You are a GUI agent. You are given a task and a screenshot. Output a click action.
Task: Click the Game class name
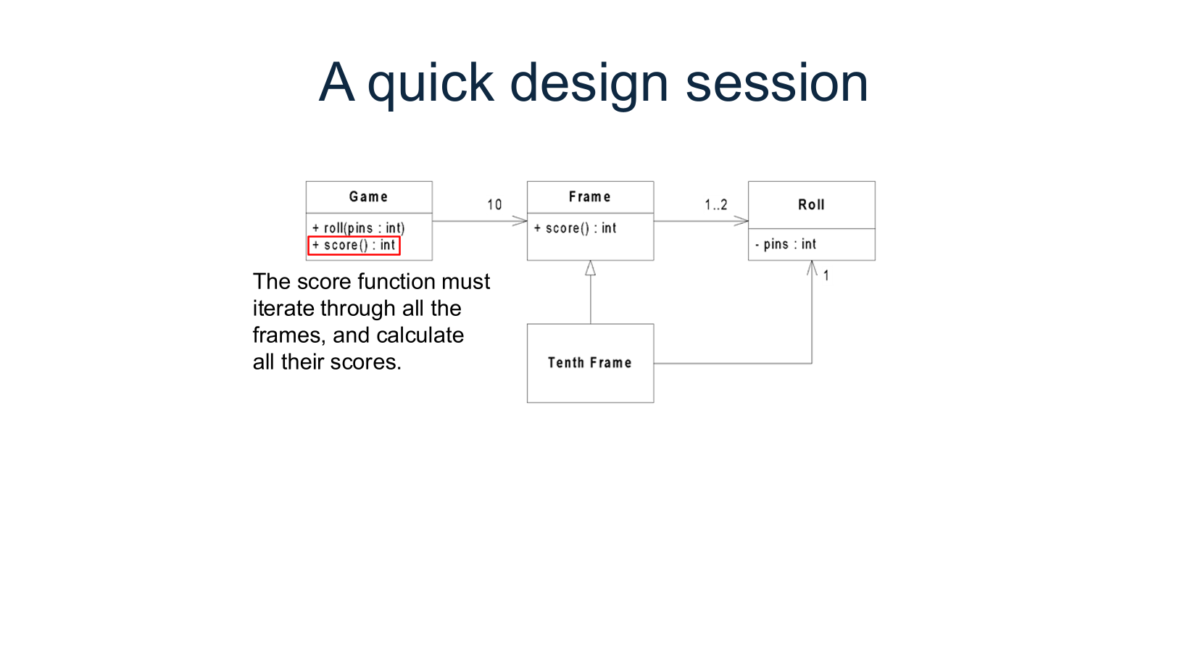(x=368, y=196)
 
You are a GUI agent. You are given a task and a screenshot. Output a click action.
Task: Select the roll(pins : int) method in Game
(x=359, y=227)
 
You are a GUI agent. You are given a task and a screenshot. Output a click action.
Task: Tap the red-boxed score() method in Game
(x=354, y=246)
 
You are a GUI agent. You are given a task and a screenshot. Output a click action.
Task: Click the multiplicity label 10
(x=494, y=205)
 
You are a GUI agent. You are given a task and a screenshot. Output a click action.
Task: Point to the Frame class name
(x=589, y=196)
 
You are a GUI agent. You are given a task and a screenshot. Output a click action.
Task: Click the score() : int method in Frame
(x=576, y=228)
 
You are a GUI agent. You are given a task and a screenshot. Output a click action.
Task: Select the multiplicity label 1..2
(x=715, y=205)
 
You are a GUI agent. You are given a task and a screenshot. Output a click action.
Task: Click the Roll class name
(x=811, y=205)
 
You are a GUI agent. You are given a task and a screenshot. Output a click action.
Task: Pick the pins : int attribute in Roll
(x=786, y=244)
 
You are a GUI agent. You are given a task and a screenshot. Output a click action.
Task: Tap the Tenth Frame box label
(x=589, y=362)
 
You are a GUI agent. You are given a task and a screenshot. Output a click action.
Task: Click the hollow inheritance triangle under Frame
(x=590, y=269)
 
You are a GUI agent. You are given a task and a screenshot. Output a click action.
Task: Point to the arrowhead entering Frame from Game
(x=520, y=221)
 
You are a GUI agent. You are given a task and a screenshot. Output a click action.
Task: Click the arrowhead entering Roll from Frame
(x=742, y=221)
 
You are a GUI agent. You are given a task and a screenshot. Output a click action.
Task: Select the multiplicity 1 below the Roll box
(x=826, y=275)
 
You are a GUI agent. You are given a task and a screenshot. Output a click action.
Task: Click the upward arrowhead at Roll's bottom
(x=812, y=267)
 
